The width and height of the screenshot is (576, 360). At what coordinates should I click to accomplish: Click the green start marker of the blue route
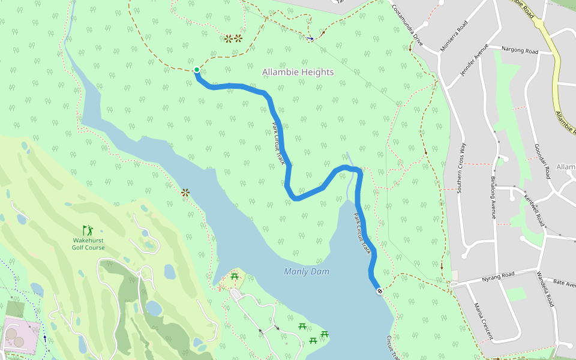pos(196,70)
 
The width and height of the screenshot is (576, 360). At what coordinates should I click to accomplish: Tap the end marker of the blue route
pos(380,291)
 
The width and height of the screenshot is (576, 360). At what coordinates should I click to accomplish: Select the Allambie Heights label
pos(298,72)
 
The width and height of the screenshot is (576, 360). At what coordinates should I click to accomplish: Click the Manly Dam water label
pos(307,272)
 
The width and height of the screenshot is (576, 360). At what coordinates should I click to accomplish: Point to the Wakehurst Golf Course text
pos(88,244)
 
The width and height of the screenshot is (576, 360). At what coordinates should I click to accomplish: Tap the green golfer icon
pos(88,230)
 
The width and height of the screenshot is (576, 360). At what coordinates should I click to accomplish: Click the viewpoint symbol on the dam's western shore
pos(185,193)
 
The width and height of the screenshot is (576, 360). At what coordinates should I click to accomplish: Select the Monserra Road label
pos(454,36)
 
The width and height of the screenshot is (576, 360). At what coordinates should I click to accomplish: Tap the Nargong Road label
pos(520,52)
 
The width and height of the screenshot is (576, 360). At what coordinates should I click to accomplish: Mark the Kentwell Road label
pos(533,206)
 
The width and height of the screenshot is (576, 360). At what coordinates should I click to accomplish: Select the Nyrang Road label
pos(499,277)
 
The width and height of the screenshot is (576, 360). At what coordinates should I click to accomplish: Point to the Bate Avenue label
pos(564,281)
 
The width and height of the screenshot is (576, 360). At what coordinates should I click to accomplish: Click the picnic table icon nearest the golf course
pos(234,277)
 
